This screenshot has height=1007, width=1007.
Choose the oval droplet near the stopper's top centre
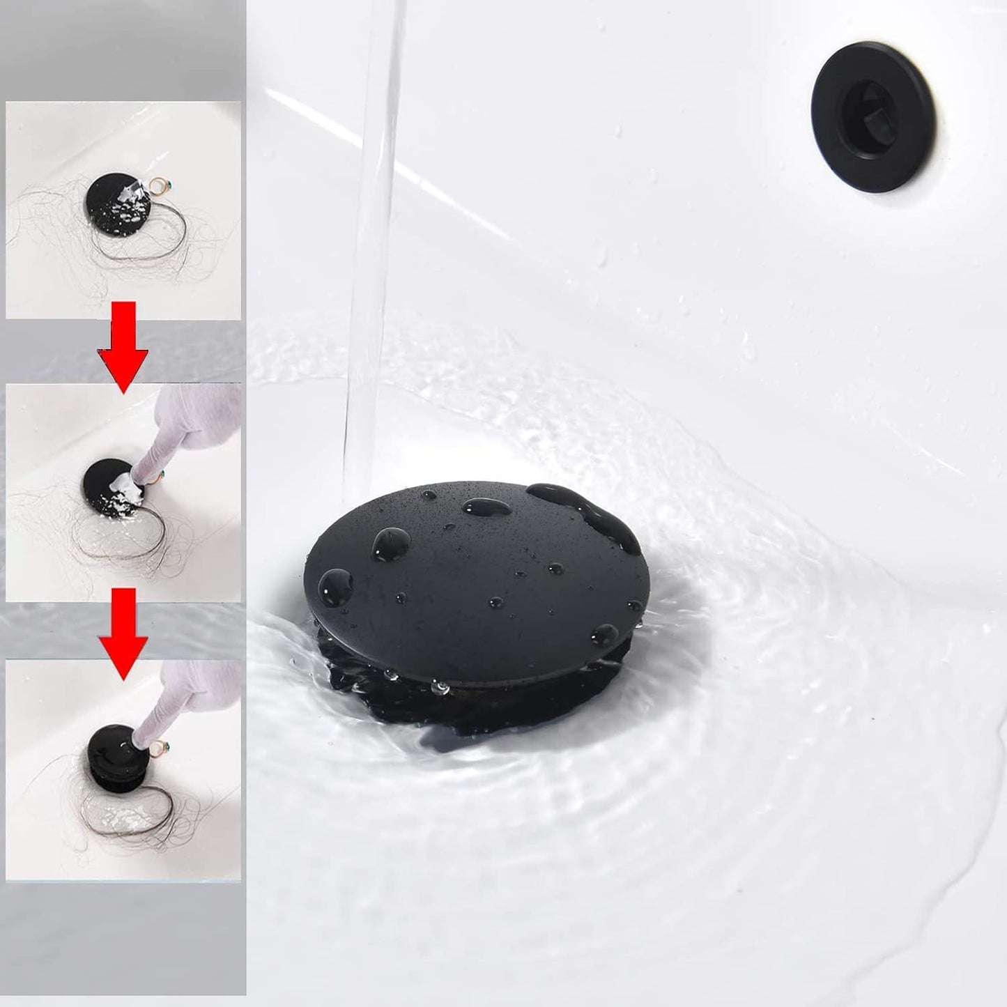point(486,507)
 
